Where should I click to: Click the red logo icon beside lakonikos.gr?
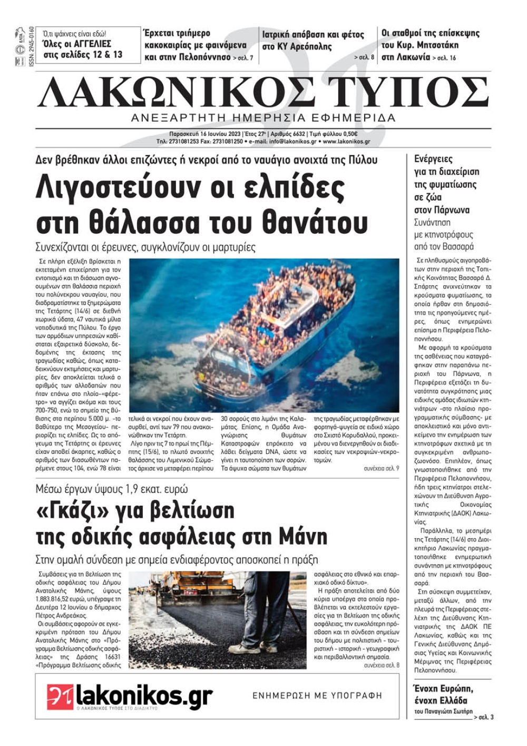click(x=60, y=697)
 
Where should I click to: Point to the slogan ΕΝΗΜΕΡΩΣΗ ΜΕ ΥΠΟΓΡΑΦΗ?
click(x=317, y=696)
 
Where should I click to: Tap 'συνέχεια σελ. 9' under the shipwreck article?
click(x=381, y=468)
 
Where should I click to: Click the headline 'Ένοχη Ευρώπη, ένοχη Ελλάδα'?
click(x=444, y=694)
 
